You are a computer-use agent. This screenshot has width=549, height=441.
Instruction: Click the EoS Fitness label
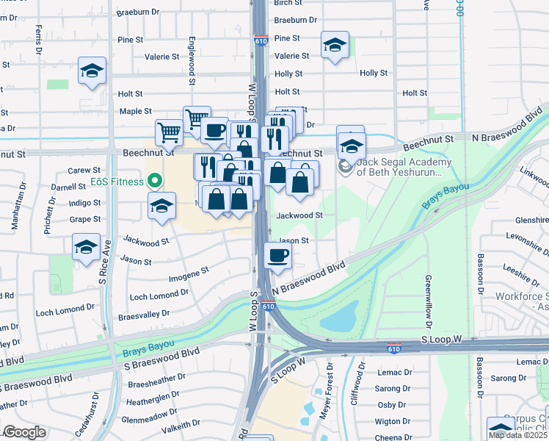pyautogui.click(x=116, y=181)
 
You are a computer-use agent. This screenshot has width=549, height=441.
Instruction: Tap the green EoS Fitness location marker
pyautogui.click(x=154, y=180)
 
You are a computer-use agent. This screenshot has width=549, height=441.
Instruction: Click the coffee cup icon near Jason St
pyautogui.click(x=277, y=256)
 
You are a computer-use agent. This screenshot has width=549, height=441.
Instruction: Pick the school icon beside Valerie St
pyautogui.click(x=335, y=46)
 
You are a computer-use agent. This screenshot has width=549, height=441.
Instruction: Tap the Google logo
pyautogui.click(x=24, y=432)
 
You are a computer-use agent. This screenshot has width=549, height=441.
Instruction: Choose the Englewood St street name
pyautogui.click(x=192, y=60)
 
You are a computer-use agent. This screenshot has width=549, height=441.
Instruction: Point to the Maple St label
pyautogui.click(x=135, y=112)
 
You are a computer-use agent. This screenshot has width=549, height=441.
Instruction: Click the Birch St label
pyautogui.click(x=283, y=3)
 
